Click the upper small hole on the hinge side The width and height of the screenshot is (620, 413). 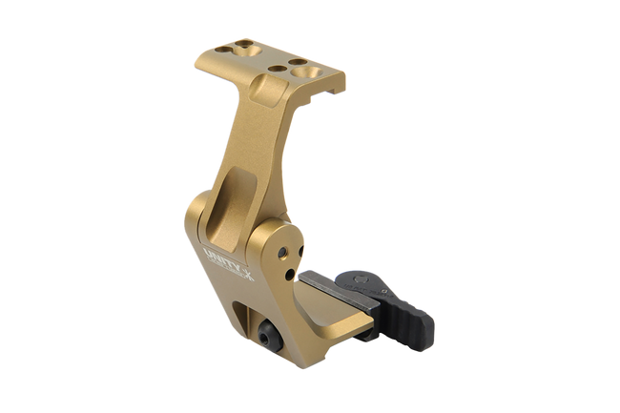tap(282, 251)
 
